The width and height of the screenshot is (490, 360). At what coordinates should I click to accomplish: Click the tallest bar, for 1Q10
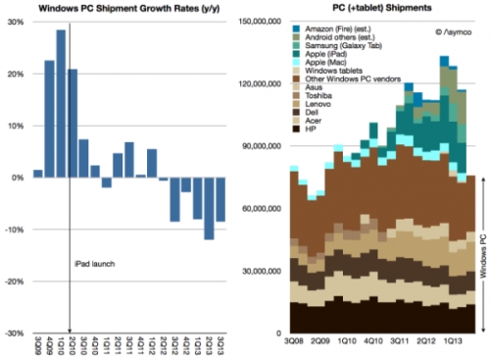pos(61,104)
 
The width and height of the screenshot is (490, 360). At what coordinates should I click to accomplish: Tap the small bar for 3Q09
pos(37,174)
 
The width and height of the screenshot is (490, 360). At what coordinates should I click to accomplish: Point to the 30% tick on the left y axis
pos(19,23)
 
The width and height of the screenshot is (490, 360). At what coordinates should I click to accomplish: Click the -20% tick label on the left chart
pos(16,281)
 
